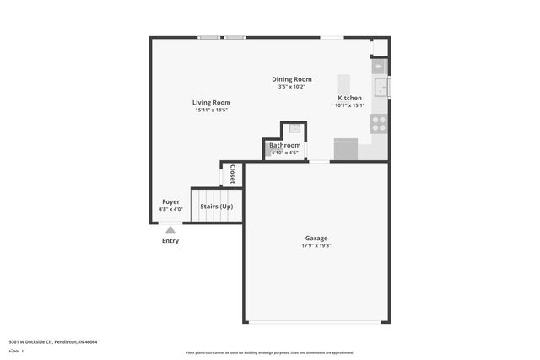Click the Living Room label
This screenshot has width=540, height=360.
[212, 103]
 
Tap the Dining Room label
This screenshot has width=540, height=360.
[291, 79]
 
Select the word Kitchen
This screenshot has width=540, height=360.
[349, 98]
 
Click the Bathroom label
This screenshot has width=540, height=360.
[284, 145]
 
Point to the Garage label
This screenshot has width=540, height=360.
[316, 238]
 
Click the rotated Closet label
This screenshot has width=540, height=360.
[232, 174]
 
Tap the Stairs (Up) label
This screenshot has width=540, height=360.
[217, 206]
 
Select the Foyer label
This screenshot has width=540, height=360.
[170, 201]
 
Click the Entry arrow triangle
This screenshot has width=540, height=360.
[170, 228]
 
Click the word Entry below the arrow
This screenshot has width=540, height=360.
[170, 241]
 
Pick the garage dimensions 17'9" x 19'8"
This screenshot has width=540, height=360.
[316, 246]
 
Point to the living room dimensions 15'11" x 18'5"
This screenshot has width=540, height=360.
[212, 110]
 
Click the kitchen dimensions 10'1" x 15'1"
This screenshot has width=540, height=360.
[349, 105]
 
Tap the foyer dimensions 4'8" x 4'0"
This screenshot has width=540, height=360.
[170, 209]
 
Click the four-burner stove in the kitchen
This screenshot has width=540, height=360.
[379, 124]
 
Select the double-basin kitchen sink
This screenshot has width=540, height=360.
[381, 86]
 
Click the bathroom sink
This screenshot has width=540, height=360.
[294, 129]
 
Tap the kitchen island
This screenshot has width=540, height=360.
[344, 85]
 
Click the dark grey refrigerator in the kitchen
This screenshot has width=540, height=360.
[346, 149]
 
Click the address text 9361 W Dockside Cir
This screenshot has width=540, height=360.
[40, 341]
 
